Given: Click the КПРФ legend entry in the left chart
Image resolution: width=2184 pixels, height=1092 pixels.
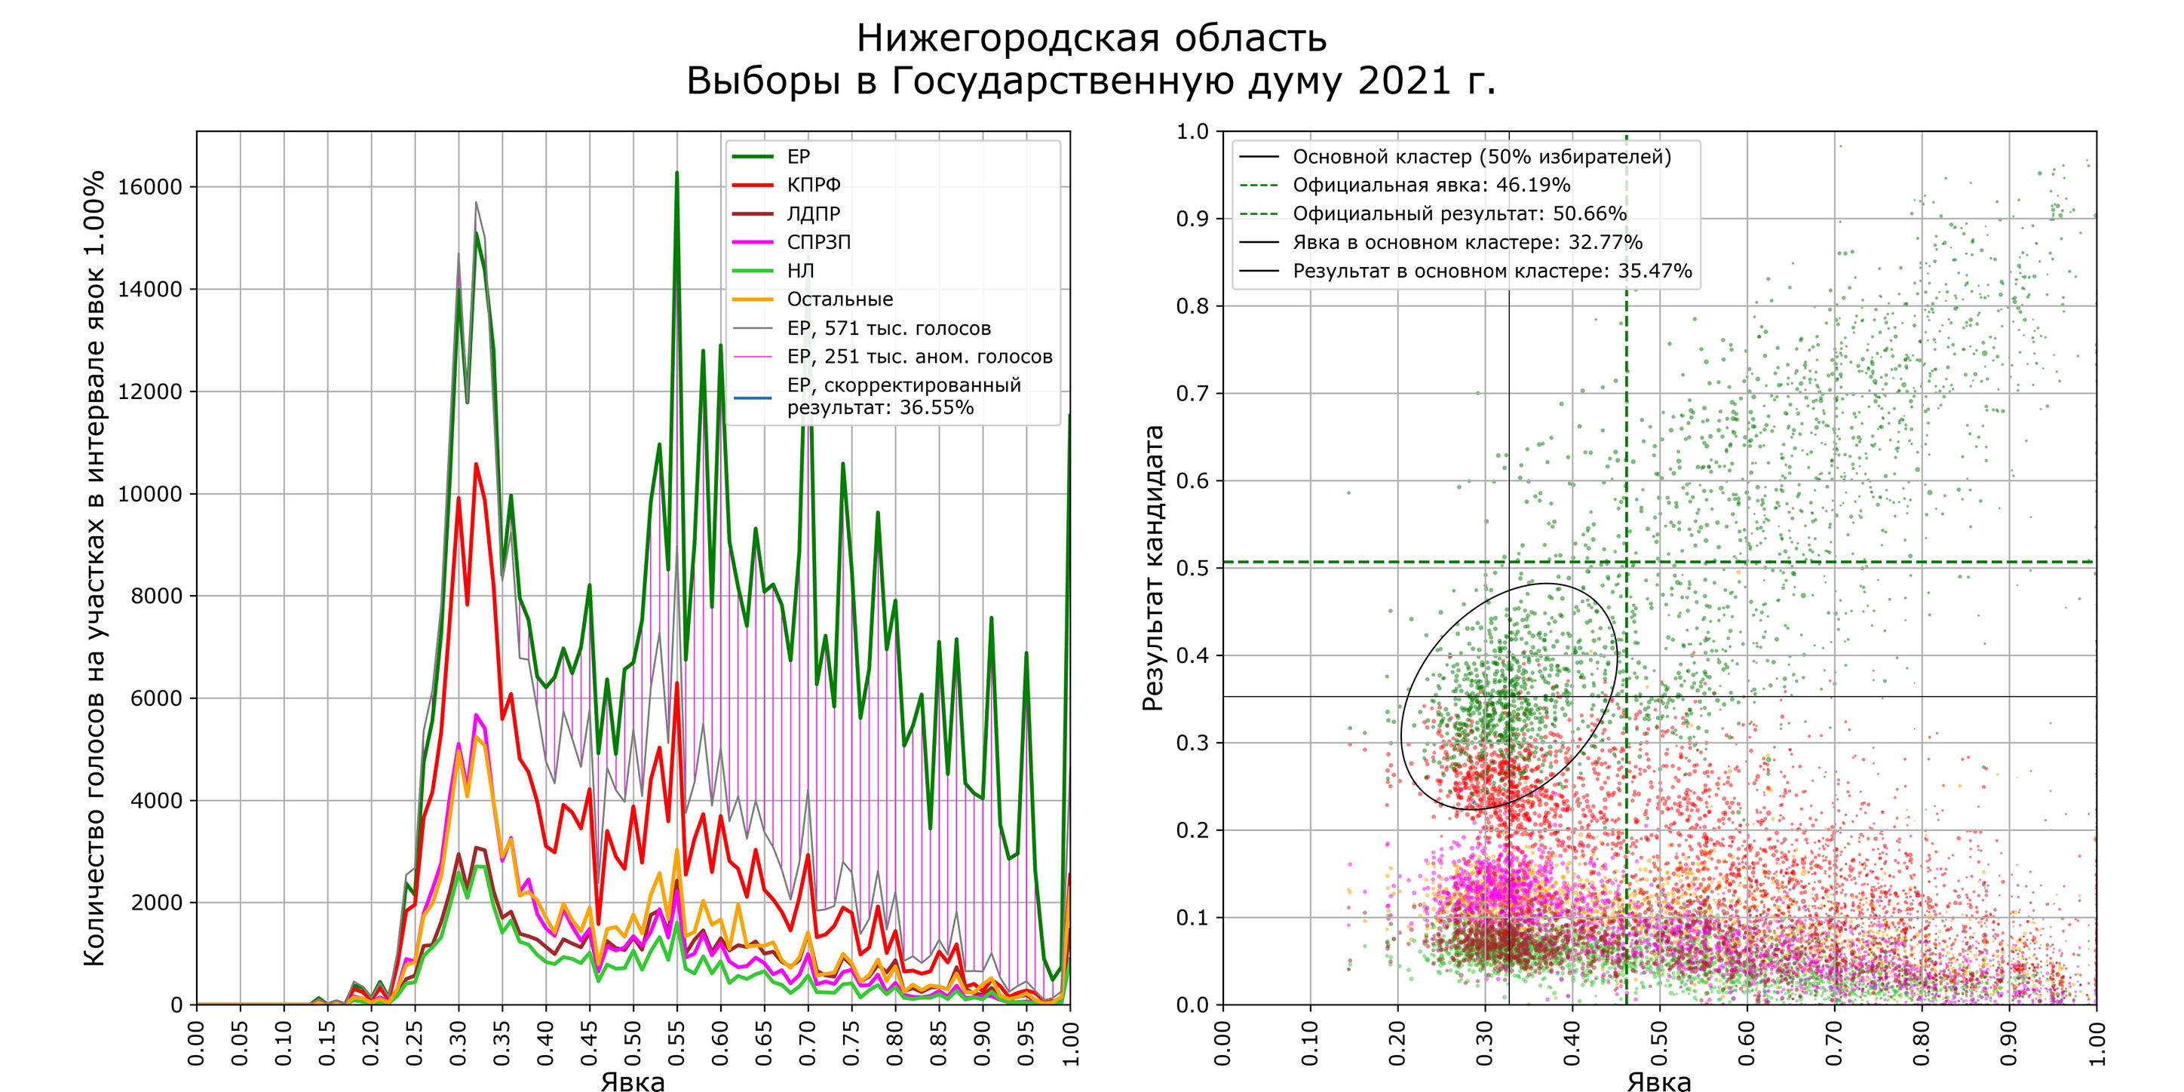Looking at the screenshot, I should pos(813,185).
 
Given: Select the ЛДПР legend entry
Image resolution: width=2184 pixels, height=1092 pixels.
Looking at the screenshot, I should pos(813,213).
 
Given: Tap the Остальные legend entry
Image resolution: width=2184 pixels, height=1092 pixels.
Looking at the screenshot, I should pos(839,299).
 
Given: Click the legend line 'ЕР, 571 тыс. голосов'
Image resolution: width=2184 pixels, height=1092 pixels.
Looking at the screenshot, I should pos(888,328).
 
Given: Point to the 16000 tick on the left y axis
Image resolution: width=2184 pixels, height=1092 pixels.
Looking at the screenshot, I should pos(150,187).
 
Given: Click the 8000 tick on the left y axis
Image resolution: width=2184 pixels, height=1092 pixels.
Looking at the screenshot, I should pos(156,596).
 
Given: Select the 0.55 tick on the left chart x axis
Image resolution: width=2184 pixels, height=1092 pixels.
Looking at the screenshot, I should pos(676,1044).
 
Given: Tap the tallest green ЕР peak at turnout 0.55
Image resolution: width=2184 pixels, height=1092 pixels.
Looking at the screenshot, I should pos(676,173).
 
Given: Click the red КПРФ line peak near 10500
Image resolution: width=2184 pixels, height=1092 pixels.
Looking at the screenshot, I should pos(476,465).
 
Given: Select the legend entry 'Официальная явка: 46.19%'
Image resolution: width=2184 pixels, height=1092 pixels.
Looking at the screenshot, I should pos(1431,185).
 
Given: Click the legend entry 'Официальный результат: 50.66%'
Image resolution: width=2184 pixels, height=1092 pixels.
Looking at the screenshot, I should pos(1459,213).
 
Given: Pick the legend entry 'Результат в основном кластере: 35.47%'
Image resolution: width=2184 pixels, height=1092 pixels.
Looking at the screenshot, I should pos(1492,271).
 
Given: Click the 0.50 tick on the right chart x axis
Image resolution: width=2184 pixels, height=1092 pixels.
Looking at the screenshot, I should pos(1659,1044).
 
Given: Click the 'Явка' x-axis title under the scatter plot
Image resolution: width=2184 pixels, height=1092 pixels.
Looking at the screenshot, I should pos(1658,1081).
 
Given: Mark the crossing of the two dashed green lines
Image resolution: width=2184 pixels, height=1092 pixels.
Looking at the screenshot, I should pos(1626,562).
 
